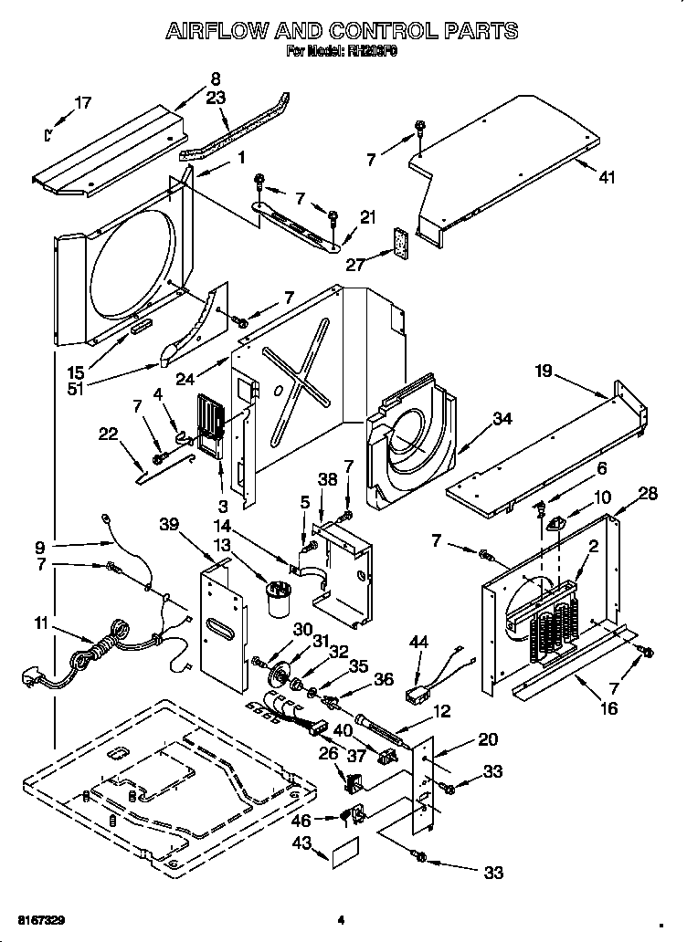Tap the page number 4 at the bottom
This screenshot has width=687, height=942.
(340, 919)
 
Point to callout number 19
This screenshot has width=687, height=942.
(544, 372)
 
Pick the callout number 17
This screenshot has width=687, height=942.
(82, 103)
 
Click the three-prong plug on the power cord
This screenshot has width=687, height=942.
(33, 678)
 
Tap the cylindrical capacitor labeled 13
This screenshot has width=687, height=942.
(274, 603)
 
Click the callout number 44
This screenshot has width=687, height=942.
(419, 644)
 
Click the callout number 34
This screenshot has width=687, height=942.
(502, 419)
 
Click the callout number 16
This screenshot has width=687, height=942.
(608, 707)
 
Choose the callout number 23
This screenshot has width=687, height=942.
(216, 99)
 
